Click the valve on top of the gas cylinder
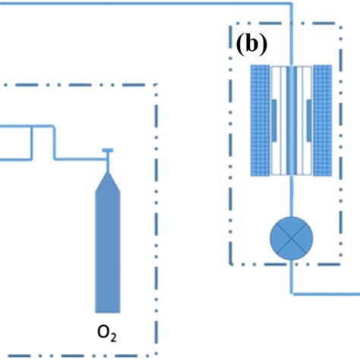107,154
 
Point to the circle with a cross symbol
292,242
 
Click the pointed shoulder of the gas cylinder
107,176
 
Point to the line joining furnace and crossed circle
292,199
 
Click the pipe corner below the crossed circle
292,289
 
